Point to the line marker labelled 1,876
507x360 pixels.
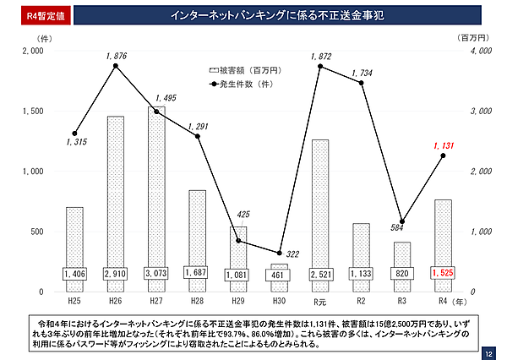pos(116,66)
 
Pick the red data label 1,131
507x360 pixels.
pos(444,146)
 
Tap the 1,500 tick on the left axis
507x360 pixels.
pos(33,112)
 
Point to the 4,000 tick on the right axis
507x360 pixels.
pos(479,52)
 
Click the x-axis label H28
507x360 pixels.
pos(198,301)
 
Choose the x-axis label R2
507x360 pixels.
pos(361,301)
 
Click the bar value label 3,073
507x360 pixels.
pos(156,274)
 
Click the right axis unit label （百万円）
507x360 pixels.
pos(473,38)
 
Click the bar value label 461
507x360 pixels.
pos(279,275)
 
